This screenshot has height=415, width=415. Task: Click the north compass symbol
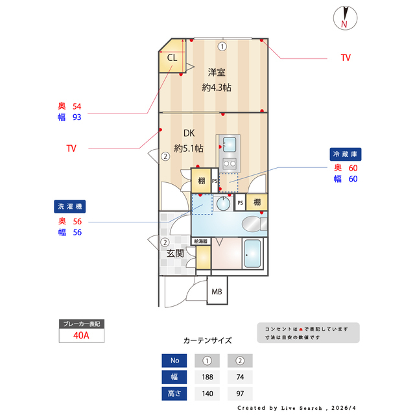[344, 18]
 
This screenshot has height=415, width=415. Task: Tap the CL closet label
[172, 58]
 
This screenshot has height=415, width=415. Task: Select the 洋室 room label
[217, 72]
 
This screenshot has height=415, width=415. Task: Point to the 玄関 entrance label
[175, 254]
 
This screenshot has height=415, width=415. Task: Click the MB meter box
[217, 292]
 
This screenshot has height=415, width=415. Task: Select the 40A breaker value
[81, 336]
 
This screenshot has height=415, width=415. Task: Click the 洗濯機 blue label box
[70, 207]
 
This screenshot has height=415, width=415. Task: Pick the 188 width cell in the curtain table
[208, 377]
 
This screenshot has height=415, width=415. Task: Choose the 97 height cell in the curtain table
[240, 393]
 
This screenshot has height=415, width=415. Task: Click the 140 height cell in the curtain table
[208, 393]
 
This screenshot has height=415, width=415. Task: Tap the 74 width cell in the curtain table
[240, 377]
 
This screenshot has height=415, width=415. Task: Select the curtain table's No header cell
[174, 361]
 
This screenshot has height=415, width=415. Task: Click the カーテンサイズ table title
[207, 340]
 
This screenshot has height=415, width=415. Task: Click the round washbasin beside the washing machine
[223, 204]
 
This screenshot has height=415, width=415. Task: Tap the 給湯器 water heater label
[201, 241]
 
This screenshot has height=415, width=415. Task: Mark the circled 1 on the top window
[222, 46]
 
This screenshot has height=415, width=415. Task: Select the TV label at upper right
[346, 58]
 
